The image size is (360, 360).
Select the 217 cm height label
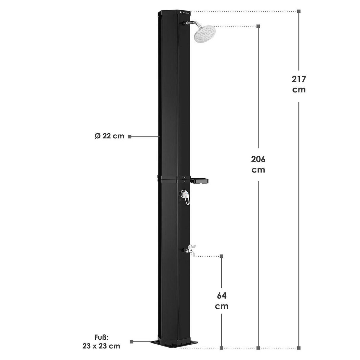pos(299,84)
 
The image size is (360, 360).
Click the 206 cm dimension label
pos(258,164)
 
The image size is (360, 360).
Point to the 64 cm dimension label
pos(222,301)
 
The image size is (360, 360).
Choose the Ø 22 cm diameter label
pos(109,136)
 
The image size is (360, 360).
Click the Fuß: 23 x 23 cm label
pos(101,342)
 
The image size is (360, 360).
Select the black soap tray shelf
pos(200,181)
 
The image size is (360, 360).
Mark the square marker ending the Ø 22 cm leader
pos(130,136)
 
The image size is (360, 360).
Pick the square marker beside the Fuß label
pos(131,342)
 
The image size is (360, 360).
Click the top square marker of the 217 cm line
pos(299,11)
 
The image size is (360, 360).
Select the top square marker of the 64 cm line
pos(221,256)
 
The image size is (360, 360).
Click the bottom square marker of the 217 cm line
pos(299,348)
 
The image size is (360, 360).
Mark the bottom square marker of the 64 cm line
pos(221,348)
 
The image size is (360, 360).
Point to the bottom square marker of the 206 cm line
pos(258,348)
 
